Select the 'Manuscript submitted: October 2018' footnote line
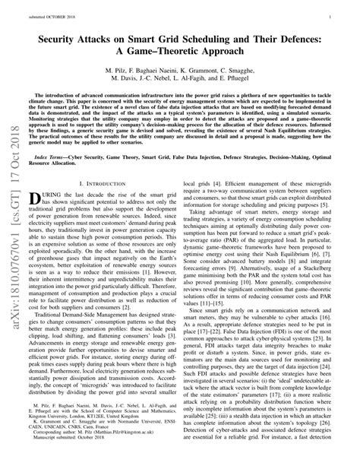coord(72,452)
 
